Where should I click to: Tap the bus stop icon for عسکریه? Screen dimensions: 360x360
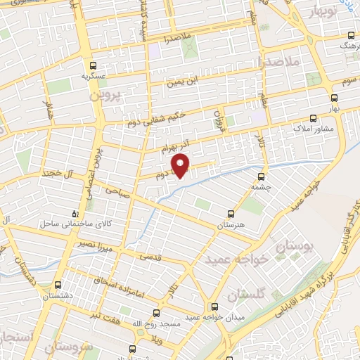click(85, 63)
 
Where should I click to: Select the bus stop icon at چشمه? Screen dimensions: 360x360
click(262, 176)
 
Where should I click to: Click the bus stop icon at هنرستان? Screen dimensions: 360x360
click(232, 213)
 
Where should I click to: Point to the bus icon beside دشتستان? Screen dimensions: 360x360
click(57, 286)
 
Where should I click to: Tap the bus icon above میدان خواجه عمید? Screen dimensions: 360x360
click(214, 307)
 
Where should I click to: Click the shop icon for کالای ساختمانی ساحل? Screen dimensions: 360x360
click(76, 212)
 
